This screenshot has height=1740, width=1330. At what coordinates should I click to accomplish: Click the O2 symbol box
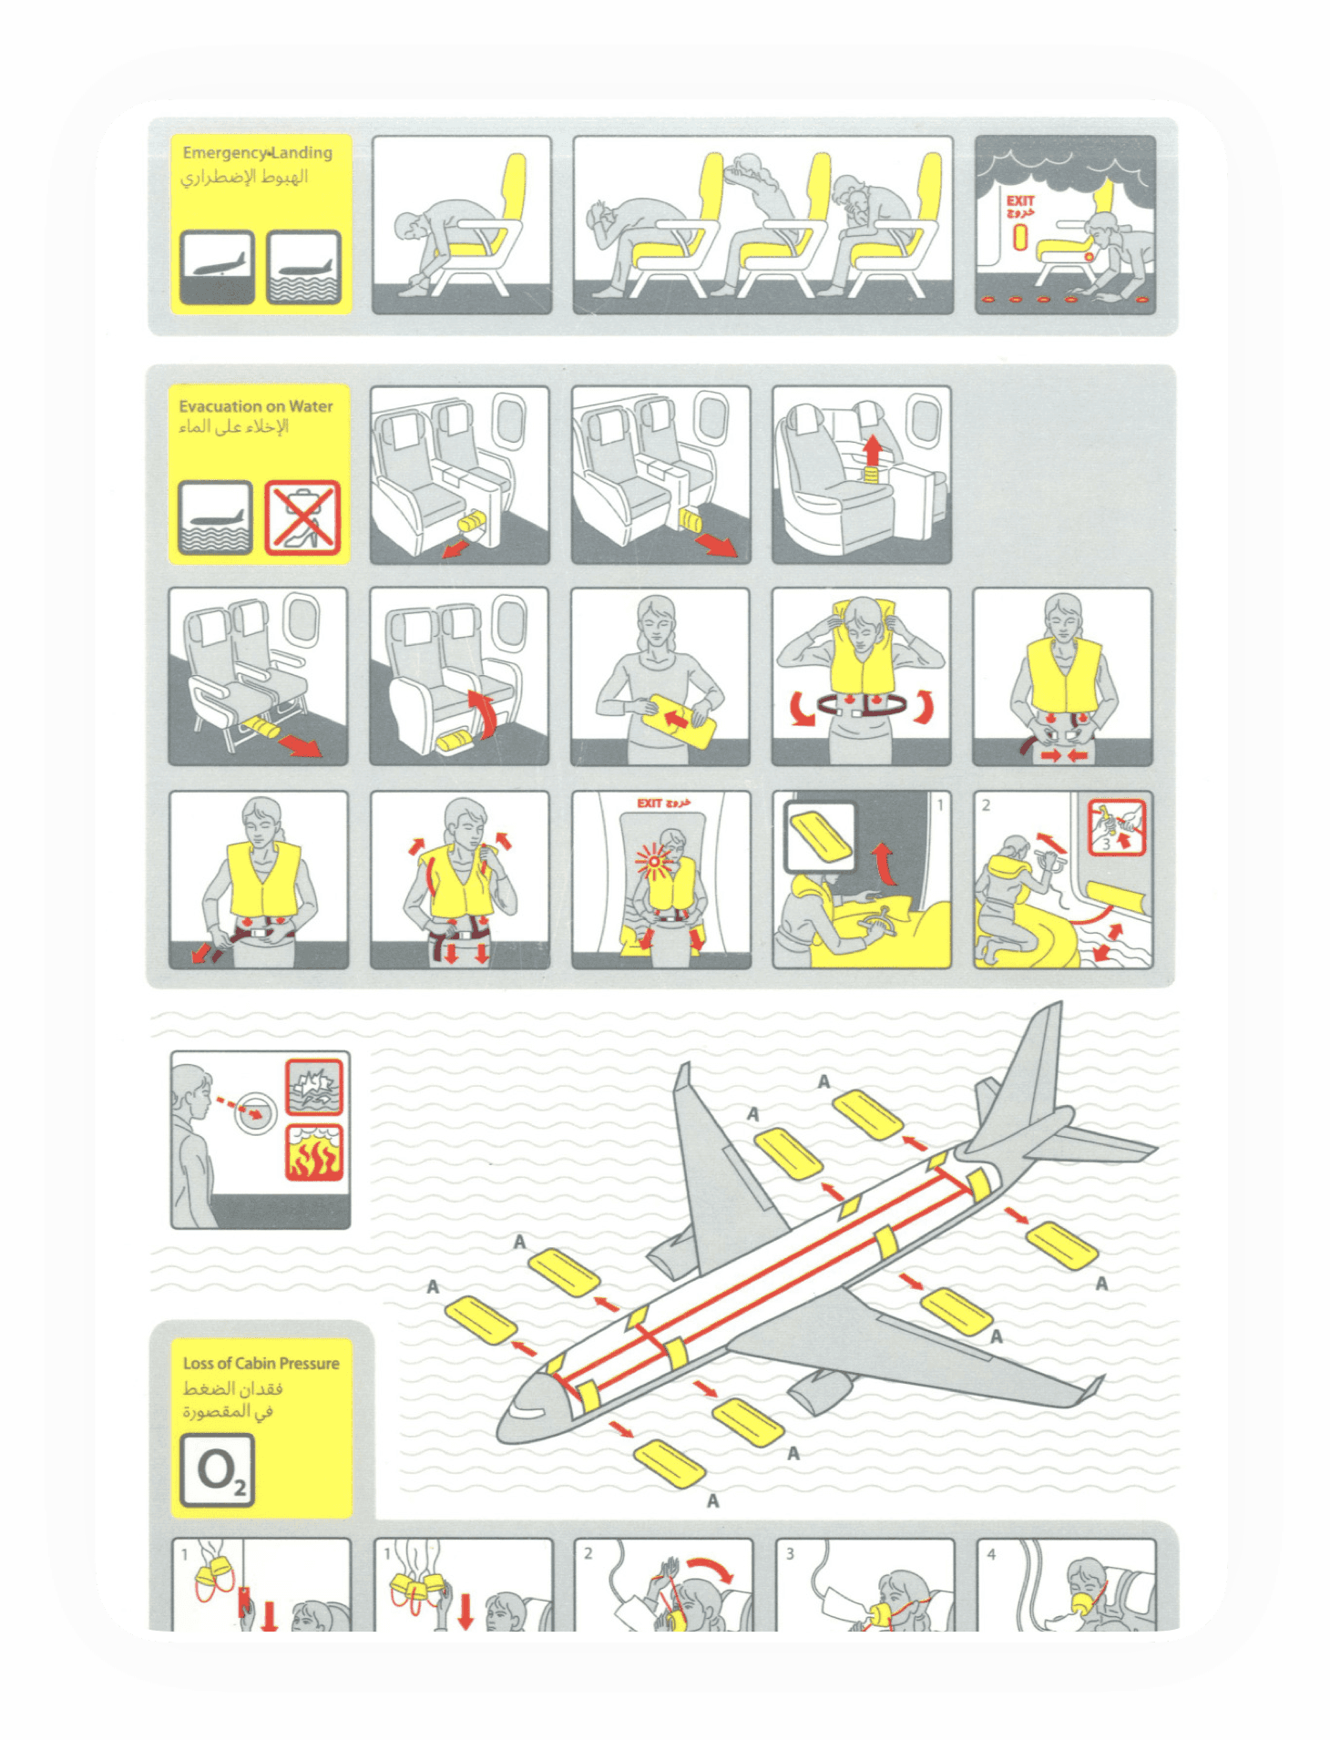coord(217,1469)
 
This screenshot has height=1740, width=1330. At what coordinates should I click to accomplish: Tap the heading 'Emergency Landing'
coord(257,153)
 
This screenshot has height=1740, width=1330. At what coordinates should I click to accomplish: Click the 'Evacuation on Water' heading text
coord(255,406)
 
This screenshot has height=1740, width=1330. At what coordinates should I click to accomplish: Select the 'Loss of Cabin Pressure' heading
coord(261,1363)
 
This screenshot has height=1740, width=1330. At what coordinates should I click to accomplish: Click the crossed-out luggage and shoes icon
coord(302,517)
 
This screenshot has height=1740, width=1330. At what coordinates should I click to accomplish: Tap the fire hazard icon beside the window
coord(313,1152)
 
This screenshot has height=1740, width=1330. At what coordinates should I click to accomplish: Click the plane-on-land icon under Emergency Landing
coord(217,267)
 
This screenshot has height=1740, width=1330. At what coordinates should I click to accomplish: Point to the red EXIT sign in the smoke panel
coord(1020,201)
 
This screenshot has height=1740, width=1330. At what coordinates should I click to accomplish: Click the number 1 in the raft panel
coord(940,804)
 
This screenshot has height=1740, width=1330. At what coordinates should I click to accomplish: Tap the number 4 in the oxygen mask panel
coord(991,1554)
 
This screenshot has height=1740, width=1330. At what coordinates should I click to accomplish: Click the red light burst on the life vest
coord(654,860)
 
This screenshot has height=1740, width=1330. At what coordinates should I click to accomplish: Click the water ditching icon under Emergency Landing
coord(304,267)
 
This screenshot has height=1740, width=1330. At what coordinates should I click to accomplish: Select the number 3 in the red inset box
coord(1106,844)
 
